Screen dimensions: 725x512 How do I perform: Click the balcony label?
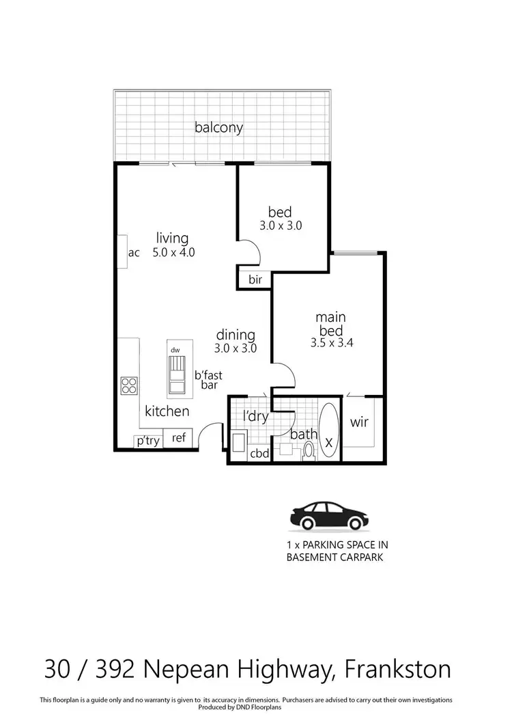[218, 127]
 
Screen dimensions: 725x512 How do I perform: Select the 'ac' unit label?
[134, 253]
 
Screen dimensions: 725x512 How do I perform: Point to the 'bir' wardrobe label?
[255, 279]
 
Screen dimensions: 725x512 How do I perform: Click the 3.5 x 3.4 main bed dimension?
[330, 344]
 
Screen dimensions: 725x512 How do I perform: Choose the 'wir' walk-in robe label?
[359, 422]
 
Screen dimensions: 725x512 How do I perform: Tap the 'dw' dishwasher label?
[175, 350]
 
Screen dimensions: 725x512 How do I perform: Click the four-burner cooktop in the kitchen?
[128, 386]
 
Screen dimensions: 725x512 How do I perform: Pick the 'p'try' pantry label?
[148, 441]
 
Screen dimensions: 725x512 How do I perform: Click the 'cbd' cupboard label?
[259, 452]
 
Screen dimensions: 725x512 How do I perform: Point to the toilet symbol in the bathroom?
[308, 450]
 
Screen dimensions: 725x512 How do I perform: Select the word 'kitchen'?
[167, 411]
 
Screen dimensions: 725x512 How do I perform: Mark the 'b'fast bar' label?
[208, 380]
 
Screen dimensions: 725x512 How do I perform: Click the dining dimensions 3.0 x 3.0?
[236, 348]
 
